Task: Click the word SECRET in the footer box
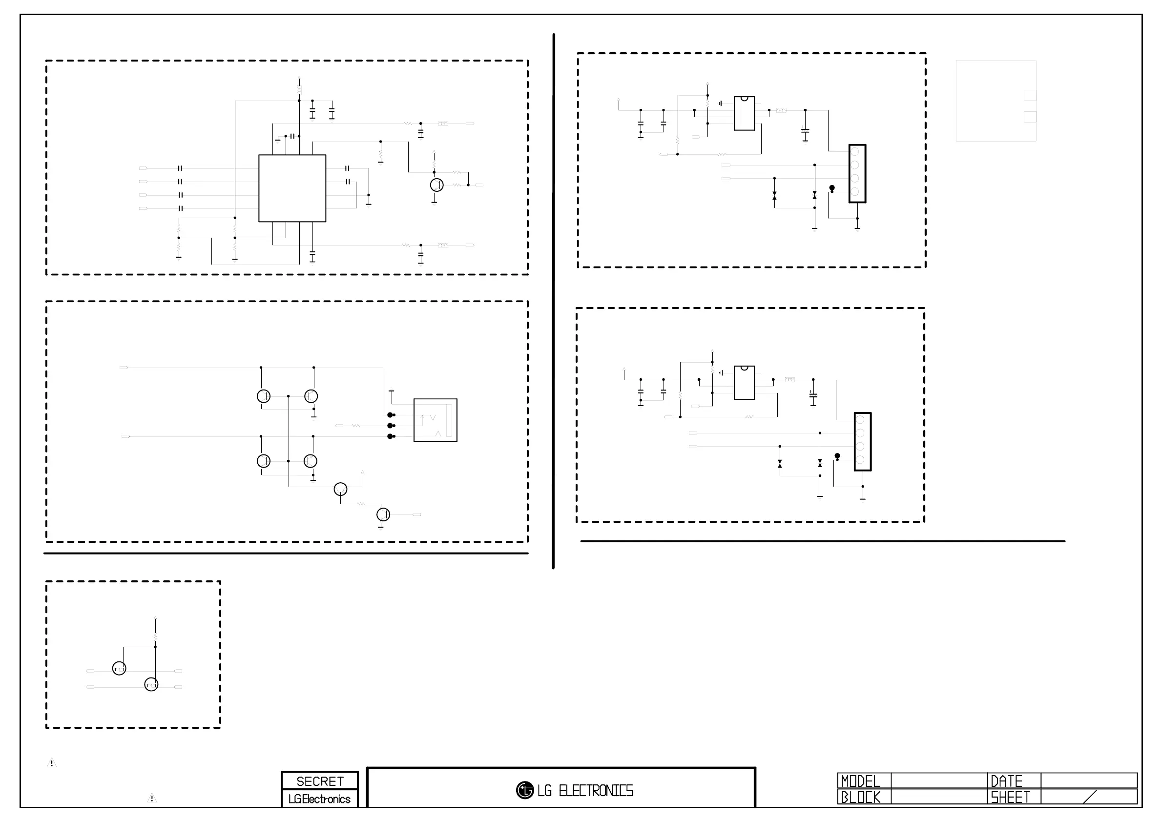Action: tap(319, 781)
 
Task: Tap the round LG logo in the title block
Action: tap(525, 790)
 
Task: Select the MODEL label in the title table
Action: tap(860, 781)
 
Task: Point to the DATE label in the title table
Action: tap(1006, 781)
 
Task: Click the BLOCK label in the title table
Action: tap(860, 797)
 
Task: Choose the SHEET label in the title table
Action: tap(1010, 797)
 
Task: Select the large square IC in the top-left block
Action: tap(292, 188)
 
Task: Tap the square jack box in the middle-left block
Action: tap(435, 420)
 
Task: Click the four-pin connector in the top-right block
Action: tap(857, 173)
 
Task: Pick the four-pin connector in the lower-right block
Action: tap(862, 442)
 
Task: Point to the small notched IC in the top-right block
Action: tap(744, 113)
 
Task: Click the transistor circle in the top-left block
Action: tap(437, 185)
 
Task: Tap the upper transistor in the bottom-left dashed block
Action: tap(119, 668)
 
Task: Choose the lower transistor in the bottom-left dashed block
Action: tap(151, 684)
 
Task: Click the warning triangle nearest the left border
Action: tap(52, 763)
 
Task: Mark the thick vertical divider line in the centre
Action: tap(554, 301)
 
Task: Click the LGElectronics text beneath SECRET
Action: tap(319, 799)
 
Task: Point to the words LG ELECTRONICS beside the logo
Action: tap(585, 791)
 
